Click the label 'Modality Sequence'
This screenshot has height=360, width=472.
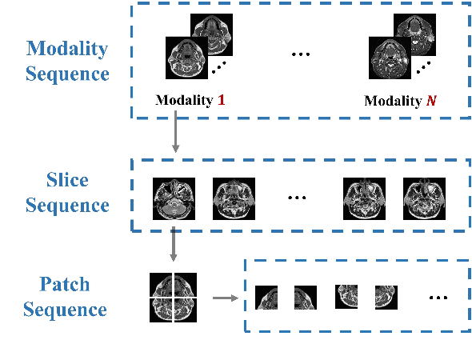tap(66, 61)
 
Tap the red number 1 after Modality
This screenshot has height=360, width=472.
tap(221, 102)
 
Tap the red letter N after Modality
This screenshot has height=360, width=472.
tap(432, 102)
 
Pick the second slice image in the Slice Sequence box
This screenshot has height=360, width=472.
tap(233, 198)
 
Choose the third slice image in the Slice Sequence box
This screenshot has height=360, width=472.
tap(364, 198)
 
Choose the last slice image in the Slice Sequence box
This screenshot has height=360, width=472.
tap(423, 198)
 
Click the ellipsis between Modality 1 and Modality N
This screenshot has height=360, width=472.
tap(300, 54)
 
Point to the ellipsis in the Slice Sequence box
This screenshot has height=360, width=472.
tap(298, 198)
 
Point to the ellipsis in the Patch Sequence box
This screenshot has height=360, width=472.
tap(438, 298)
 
